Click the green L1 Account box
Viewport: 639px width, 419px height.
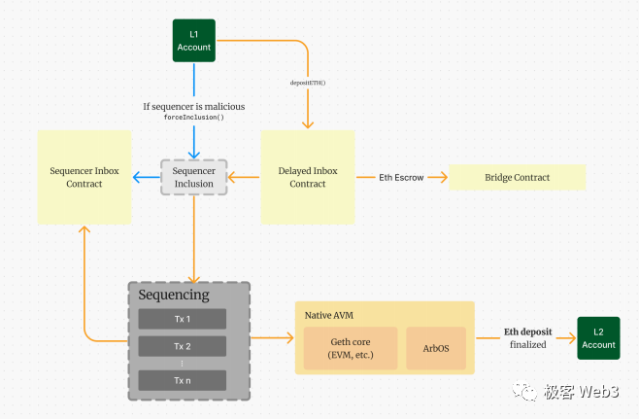(193, 41)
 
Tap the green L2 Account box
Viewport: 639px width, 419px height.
(598, 338)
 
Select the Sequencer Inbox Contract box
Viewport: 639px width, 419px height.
(84, 177)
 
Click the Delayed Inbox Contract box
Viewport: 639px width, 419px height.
(308, 177)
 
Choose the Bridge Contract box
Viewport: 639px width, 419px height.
(517, 177)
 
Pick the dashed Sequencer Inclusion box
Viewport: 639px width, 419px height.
(193, 177)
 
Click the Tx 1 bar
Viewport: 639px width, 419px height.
(183, 319)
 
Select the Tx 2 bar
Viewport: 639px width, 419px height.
(183, 346)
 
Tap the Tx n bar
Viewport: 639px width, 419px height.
(183, 380)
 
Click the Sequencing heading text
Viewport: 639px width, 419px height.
(173, 295)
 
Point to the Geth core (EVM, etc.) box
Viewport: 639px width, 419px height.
(351, 347)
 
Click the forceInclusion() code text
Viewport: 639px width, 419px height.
(193, 117)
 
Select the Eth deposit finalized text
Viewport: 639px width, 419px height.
(524, 338)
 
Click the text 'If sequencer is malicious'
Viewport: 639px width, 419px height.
(193, 104)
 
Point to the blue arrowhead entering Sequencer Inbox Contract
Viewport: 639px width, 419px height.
(138, 177)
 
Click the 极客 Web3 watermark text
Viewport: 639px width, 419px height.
(582, 392)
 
